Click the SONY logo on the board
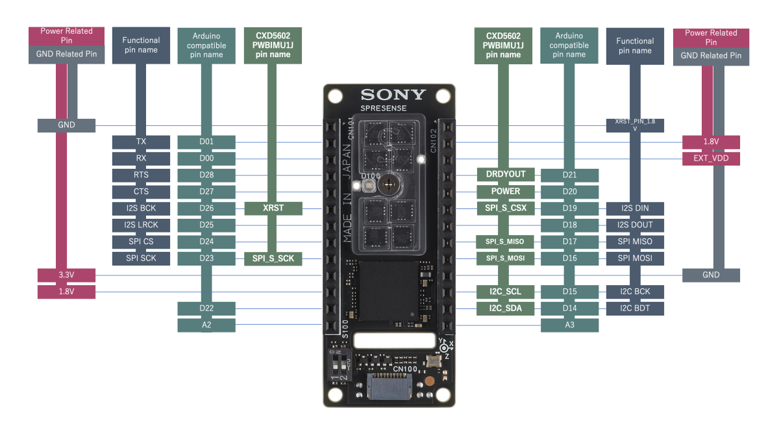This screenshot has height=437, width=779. (393, 95)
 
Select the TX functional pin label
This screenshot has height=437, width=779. (141, 142)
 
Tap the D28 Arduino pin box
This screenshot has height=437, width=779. (206, 175)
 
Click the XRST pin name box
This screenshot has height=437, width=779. (273, 208)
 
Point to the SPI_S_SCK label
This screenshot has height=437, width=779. (273, 258)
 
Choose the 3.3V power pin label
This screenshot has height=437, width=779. (67, 275)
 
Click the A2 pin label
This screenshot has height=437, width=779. (206, 325)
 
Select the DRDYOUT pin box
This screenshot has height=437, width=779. (505, 175)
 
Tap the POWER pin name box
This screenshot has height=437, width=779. (505, 192)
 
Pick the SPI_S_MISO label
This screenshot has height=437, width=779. (505, 242)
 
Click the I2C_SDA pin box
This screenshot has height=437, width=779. (505, 308)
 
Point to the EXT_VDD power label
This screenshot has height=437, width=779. (711, 158)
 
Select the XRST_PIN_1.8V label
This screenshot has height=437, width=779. (634, 125)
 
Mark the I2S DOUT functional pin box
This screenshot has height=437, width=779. (634, 225)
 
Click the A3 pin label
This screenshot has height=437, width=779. (569, 325)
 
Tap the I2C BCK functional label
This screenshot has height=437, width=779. (634, 292)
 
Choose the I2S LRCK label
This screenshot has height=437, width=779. (141, 225)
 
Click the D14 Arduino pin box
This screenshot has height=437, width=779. (569, 308)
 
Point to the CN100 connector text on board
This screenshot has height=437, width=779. (405, 369)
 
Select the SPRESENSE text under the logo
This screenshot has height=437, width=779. (384, 108)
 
